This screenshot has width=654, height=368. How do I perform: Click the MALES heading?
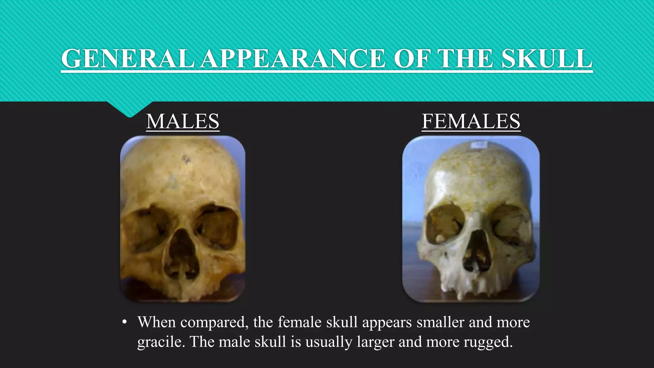[183, 121]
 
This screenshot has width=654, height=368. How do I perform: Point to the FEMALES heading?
[471, 121]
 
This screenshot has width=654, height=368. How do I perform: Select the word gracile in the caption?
[161, 342]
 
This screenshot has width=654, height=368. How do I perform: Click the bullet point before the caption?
[125, 322]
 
